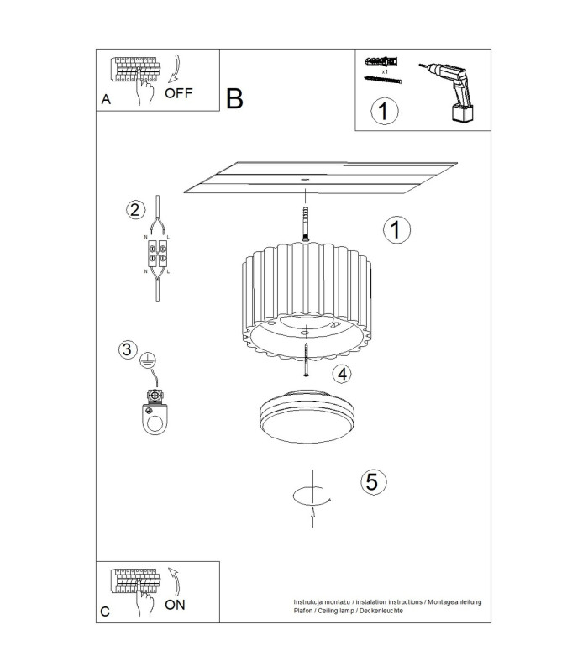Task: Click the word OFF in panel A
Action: click(x=179, y=93)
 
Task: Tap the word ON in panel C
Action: click(x=175, y=605)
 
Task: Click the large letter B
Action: click(x=234, y=98)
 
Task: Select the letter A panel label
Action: click(x=106, y=99)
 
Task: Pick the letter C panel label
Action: click(x=105, y=612)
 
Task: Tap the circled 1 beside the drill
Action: click(x=384, y=111)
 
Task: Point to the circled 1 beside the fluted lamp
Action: click(x=396, y=229)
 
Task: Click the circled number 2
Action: click(x=135, y=210)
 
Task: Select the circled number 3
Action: click(x=128, y=349)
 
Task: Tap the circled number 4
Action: click(x=342, y=374)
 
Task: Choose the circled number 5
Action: click(x=373, y=481)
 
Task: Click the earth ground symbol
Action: click(x=149, y=361)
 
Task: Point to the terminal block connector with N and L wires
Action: click(x=157, y=254)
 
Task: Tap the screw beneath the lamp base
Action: click(x=307, y=360)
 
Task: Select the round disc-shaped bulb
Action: click(x=307, y=416)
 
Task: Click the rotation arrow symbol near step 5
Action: click(x=312, y=498)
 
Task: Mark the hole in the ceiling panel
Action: click(x=305, y=180)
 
